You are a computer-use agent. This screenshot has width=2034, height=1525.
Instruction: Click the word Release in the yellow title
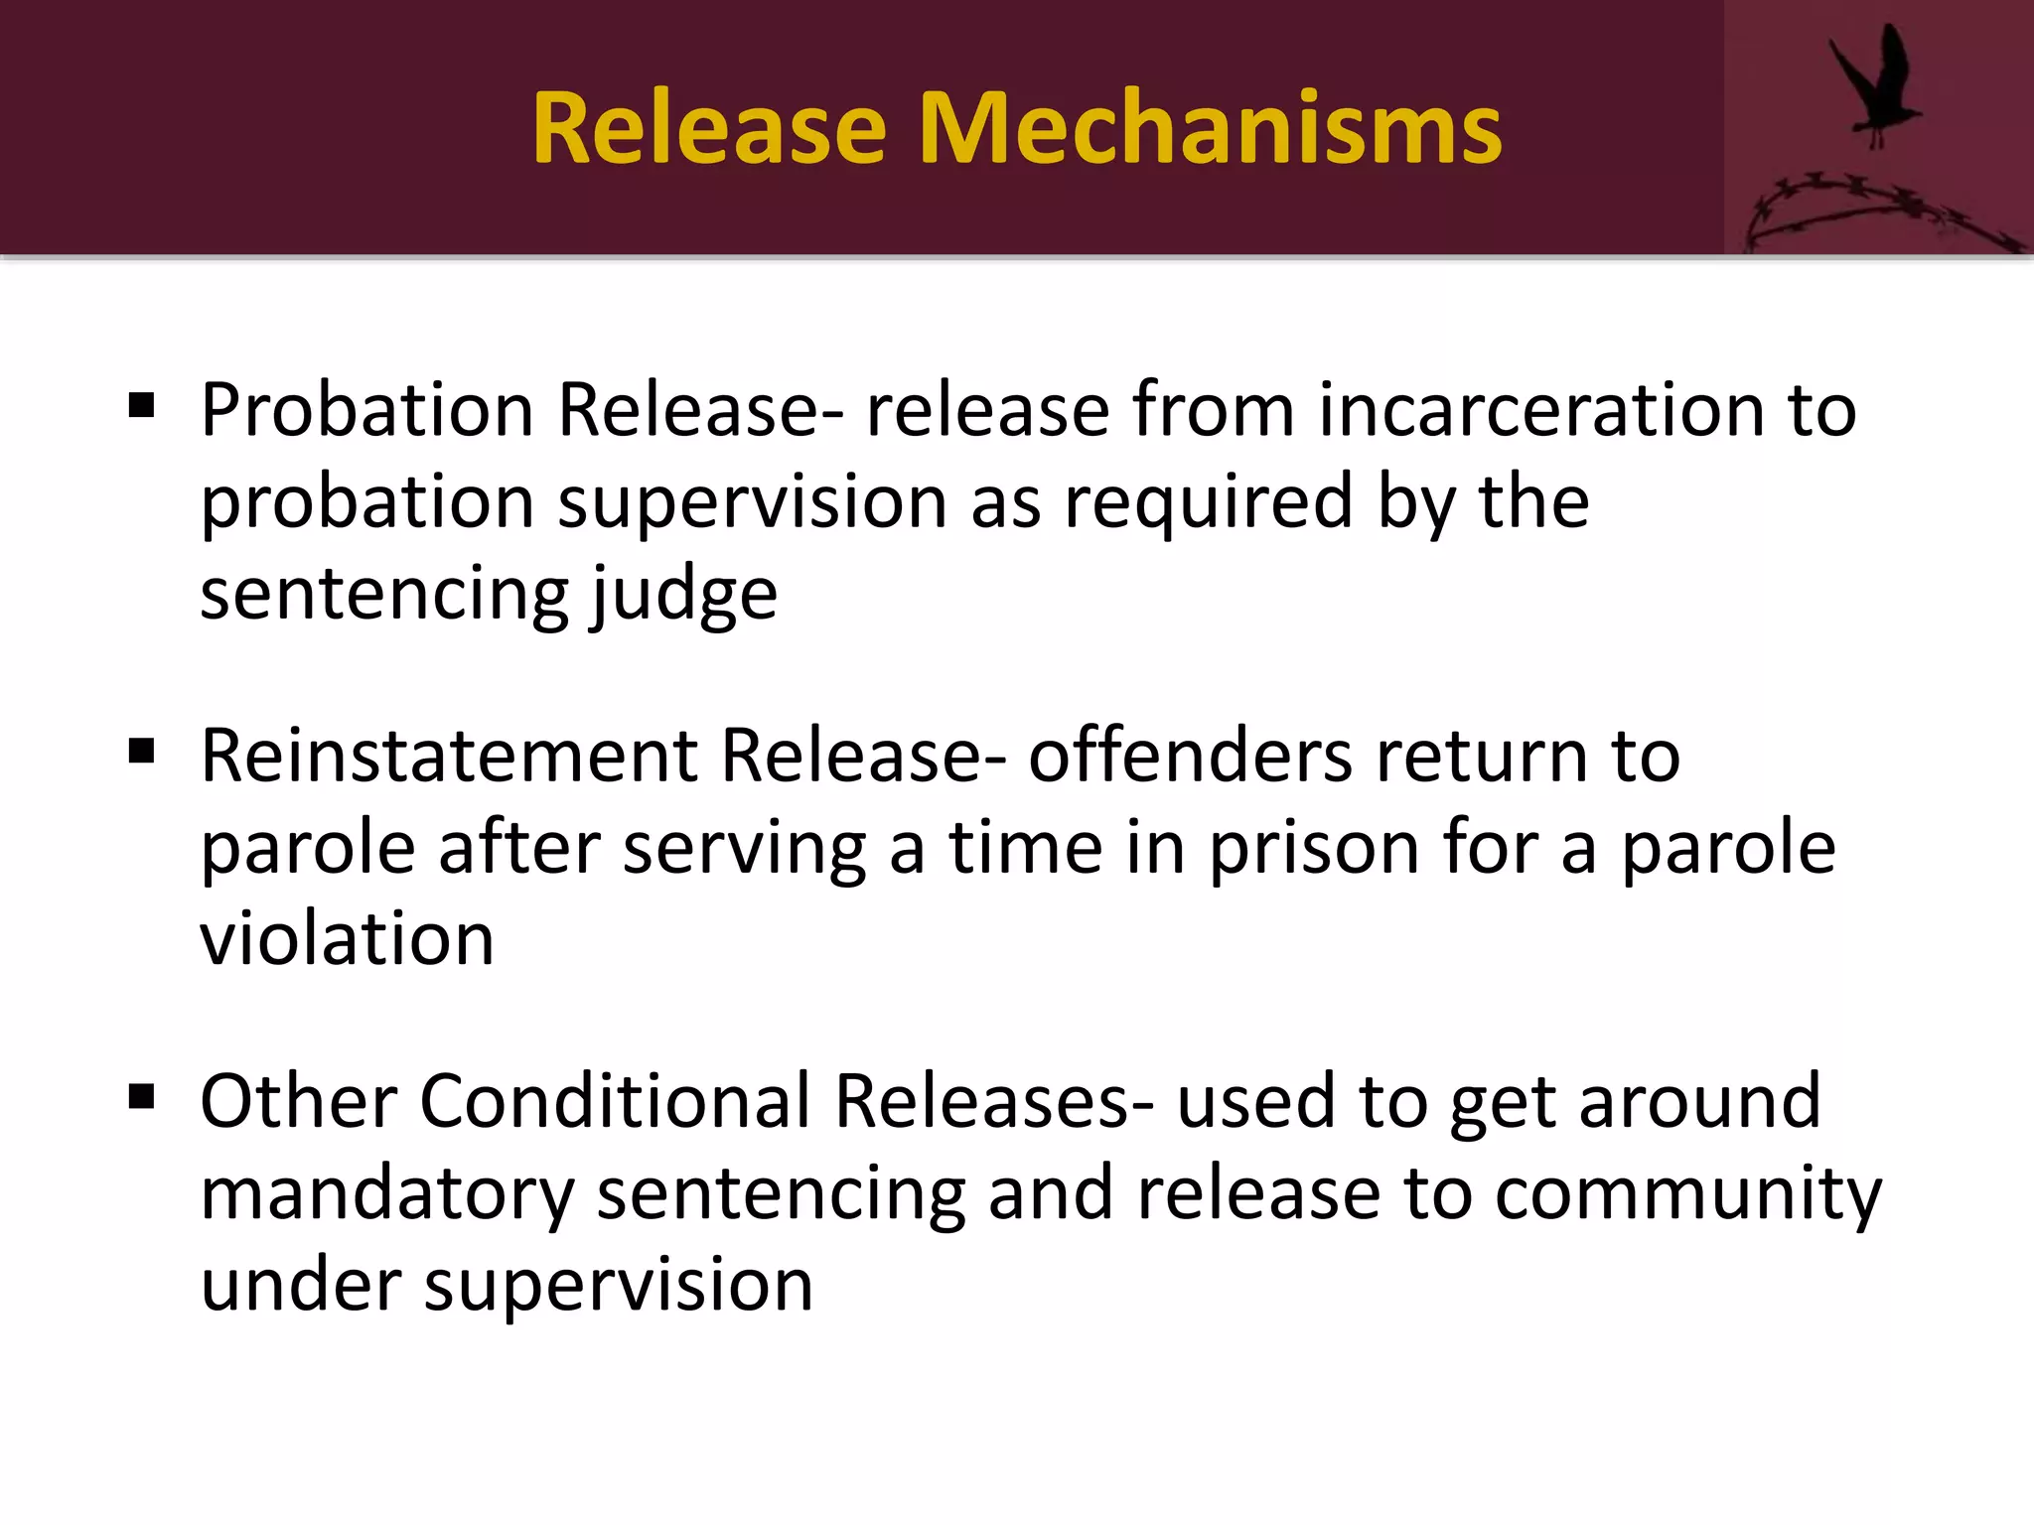[708, 128]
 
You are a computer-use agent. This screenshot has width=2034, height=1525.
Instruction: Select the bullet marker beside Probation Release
[142, 405]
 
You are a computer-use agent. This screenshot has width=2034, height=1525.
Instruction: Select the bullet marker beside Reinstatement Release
[142, 752]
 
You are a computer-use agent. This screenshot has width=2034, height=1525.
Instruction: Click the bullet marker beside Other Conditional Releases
[142, 1097]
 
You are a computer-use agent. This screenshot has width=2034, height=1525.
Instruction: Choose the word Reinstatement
[449, 756]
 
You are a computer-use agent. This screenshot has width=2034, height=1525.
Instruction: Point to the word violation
[347, 939]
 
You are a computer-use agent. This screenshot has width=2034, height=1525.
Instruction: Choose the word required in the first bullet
[1209, 501]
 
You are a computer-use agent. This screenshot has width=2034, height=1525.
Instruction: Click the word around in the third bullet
[1699, 1101]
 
